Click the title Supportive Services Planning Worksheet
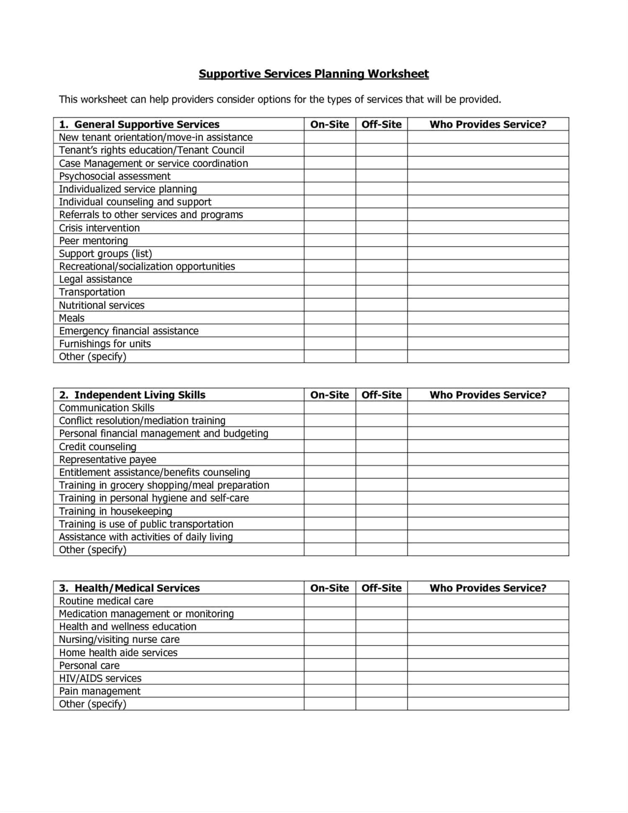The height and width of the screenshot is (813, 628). [x=313, y=74]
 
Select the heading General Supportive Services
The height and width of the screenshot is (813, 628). [x=146, y=124]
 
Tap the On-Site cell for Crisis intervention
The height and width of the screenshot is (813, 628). [x=330, y=228]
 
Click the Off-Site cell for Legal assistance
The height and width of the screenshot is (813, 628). [x=381, y=279]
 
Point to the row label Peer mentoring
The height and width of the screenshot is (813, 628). [x=93, y=241]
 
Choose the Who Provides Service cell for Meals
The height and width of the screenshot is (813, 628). [x=488, y=318]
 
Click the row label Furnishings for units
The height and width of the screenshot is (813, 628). [x=105, y=344]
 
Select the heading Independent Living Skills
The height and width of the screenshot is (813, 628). [x=140, y=395]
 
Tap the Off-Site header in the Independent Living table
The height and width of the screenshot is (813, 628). [x=381, y=395]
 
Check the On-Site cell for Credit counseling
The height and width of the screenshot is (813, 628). [x=330, y=446]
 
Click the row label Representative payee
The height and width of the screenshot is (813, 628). [x=108, y=459]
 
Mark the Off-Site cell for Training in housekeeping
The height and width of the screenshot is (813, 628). [x=381, y=511]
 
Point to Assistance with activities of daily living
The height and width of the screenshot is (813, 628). [x=146, y=537]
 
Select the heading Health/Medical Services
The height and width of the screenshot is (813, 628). [x=137, y=588]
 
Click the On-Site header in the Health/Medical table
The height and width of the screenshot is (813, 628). [x=330, y=588]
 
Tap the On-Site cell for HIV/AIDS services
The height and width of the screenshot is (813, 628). [x=330, y=678]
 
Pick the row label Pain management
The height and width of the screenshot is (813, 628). [x=100, y=691]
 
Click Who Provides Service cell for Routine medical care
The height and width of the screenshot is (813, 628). [x=488, y=601]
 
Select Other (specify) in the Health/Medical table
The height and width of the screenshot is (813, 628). [x=92, y=704]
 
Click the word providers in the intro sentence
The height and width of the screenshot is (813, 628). [x=192, y=100]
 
